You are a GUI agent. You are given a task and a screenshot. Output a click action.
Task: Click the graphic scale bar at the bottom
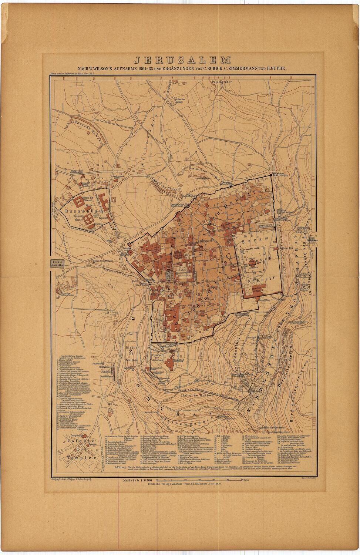207,481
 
